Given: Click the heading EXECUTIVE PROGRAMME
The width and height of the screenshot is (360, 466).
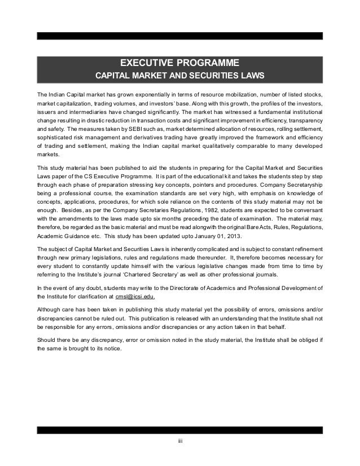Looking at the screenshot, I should [x=180, y=62].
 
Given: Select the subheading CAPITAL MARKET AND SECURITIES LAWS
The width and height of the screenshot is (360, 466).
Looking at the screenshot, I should [x=179, y=76].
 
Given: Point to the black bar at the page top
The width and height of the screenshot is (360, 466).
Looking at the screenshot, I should [x=180, y=35].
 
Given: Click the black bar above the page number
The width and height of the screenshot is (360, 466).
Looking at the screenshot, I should [x=180, y=430].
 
